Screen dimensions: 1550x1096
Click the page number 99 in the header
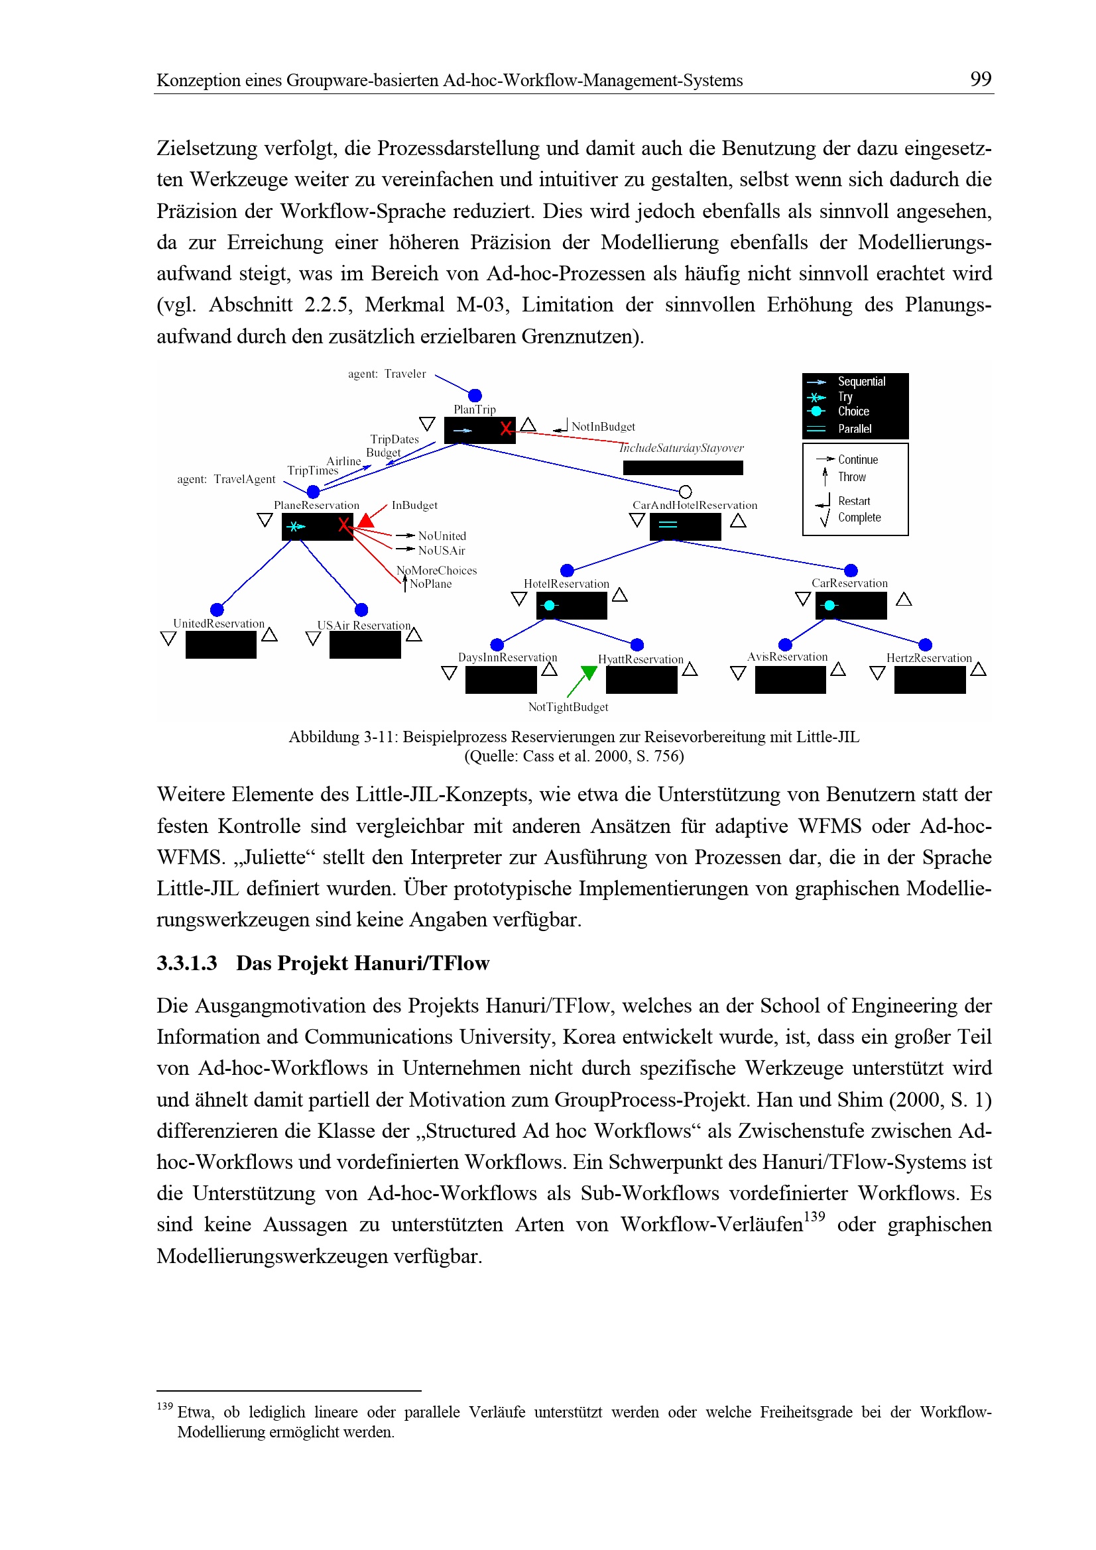[980, 80]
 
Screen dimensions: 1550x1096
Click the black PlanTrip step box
[479, 430]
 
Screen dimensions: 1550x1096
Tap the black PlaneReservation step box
[317, 527]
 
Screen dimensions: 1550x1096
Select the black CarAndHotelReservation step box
[685, 527]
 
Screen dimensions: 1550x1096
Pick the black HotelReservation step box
[572, 606]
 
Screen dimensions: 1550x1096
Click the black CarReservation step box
[850, 606]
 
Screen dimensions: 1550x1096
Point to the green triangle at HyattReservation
[589, 673]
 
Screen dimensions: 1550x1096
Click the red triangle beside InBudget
[366, 520]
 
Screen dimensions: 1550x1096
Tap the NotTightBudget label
[568, 707]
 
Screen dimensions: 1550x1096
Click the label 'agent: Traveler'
[387, 374]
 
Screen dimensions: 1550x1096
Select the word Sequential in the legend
[861, 382]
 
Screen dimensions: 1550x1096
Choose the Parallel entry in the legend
[854, 429]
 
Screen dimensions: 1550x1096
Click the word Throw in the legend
[851, 477]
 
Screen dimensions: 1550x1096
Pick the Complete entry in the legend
[859, 518]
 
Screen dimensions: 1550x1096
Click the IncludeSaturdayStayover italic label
[682, 448]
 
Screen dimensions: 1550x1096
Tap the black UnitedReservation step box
[221, 645]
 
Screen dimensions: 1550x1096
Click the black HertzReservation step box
[929, 680]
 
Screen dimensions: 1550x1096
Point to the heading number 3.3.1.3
[187, 964]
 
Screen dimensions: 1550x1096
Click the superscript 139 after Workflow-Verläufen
[814, 1216]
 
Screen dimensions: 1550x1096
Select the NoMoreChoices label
[437, 571]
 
